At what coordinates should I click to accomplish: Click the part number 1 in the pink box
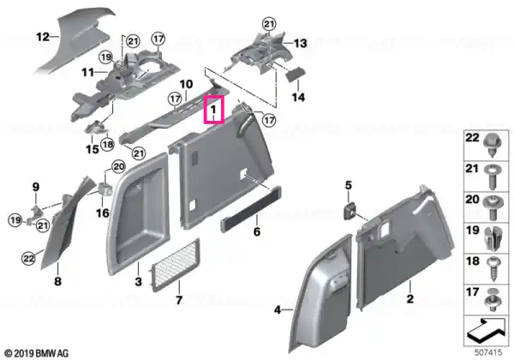tap(213, 109)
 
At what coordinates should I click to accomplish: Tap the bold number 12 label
tap(43, 37)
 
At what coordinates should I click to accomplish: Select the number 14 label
tap(298, 97)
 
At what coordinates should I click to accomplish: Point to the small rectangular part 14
tap(296, 74)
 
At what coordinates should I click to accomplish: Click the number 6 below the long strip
tap(257, 231)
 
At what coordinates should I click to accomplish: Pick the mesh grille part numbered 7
tap(175, 265)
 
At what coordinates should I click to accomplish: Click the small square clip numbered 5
tap(350, 210)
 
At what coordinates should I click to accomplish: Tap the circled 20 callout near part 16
tap(118, 167)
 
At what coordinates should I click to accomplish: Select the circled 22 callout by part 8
tap(28, 259)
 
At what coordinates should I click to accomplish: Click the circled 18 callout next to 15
tap(108, 144)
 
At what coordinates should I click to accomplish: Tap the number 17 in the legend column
tap(472, 292)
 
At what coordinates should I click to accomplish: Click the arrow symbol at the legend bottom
tap(487, 331)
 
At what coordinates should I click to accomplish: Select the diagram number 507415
tap(488, 352)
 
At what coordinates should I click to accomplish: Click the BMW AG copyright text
tap(38, 353)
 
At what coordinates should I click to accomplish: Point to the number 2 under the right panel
tap(409, 298)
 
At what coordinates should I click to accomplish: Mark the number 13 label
tap(301, 43)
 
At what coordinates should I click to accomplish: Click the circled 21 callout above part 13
tap(269, 24)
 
